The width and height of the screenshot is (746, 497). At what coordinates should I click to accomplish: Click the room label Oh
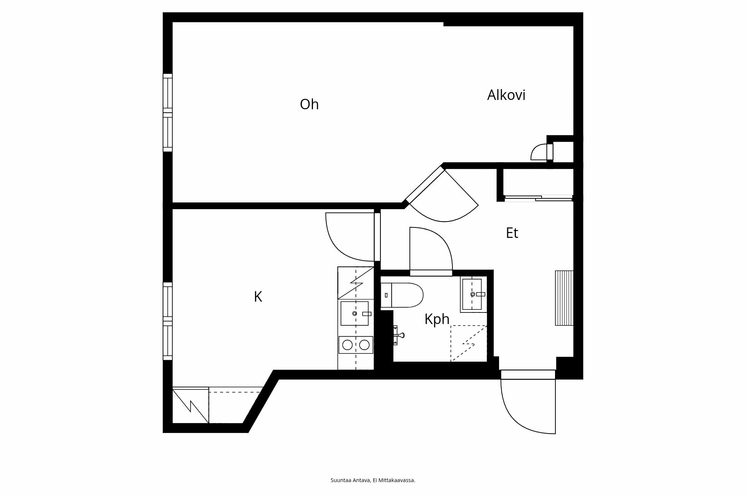click(x=309, y=104)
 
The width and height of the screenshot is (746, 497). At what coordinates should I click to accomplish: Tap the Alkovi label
click(x=506, y=95)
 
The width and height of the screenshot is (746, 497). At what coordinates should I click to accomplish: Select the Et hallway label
click(x=512, y=233)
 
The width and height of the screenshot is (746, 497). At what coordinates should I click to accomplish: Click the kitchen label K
click(x=258, y=297)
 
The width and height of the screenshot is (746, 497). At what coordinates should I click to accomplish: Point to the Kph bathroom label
click(x=437, y=319)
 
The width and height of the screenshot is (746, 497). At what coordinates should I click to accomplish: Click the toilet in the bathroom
click(x=402, y=295)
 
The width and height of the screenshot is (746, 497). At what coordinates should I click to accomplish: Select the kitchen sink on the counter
click(x=354, y=313)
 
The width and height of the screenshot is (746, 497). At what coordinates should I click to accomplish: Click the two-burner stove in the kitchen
click(x=355, y=345)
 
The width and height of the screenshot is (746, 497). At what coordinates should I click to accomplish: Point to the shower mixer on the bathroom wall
click(x=398, y=335)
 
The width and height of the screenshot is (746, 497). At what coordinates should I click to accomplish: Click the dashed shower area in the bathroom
click(x=469, y=343)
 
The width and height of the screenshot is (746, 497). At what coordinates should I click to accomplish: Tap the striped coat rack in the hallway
click(x=564, y=298)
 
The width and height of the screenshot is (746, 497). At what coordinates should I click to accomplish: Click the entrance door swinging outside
click(x=528, y=403)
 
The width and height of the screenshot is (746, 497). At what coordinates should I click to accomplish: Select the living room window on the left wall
click(x=168, y=113)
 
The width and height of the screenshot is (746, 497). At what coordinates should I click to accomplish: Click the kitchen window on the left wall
click(x=168, y=321)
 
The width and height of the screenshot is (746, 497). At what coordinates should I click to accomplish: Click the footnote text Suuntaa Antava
click(x=373, y=480)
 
